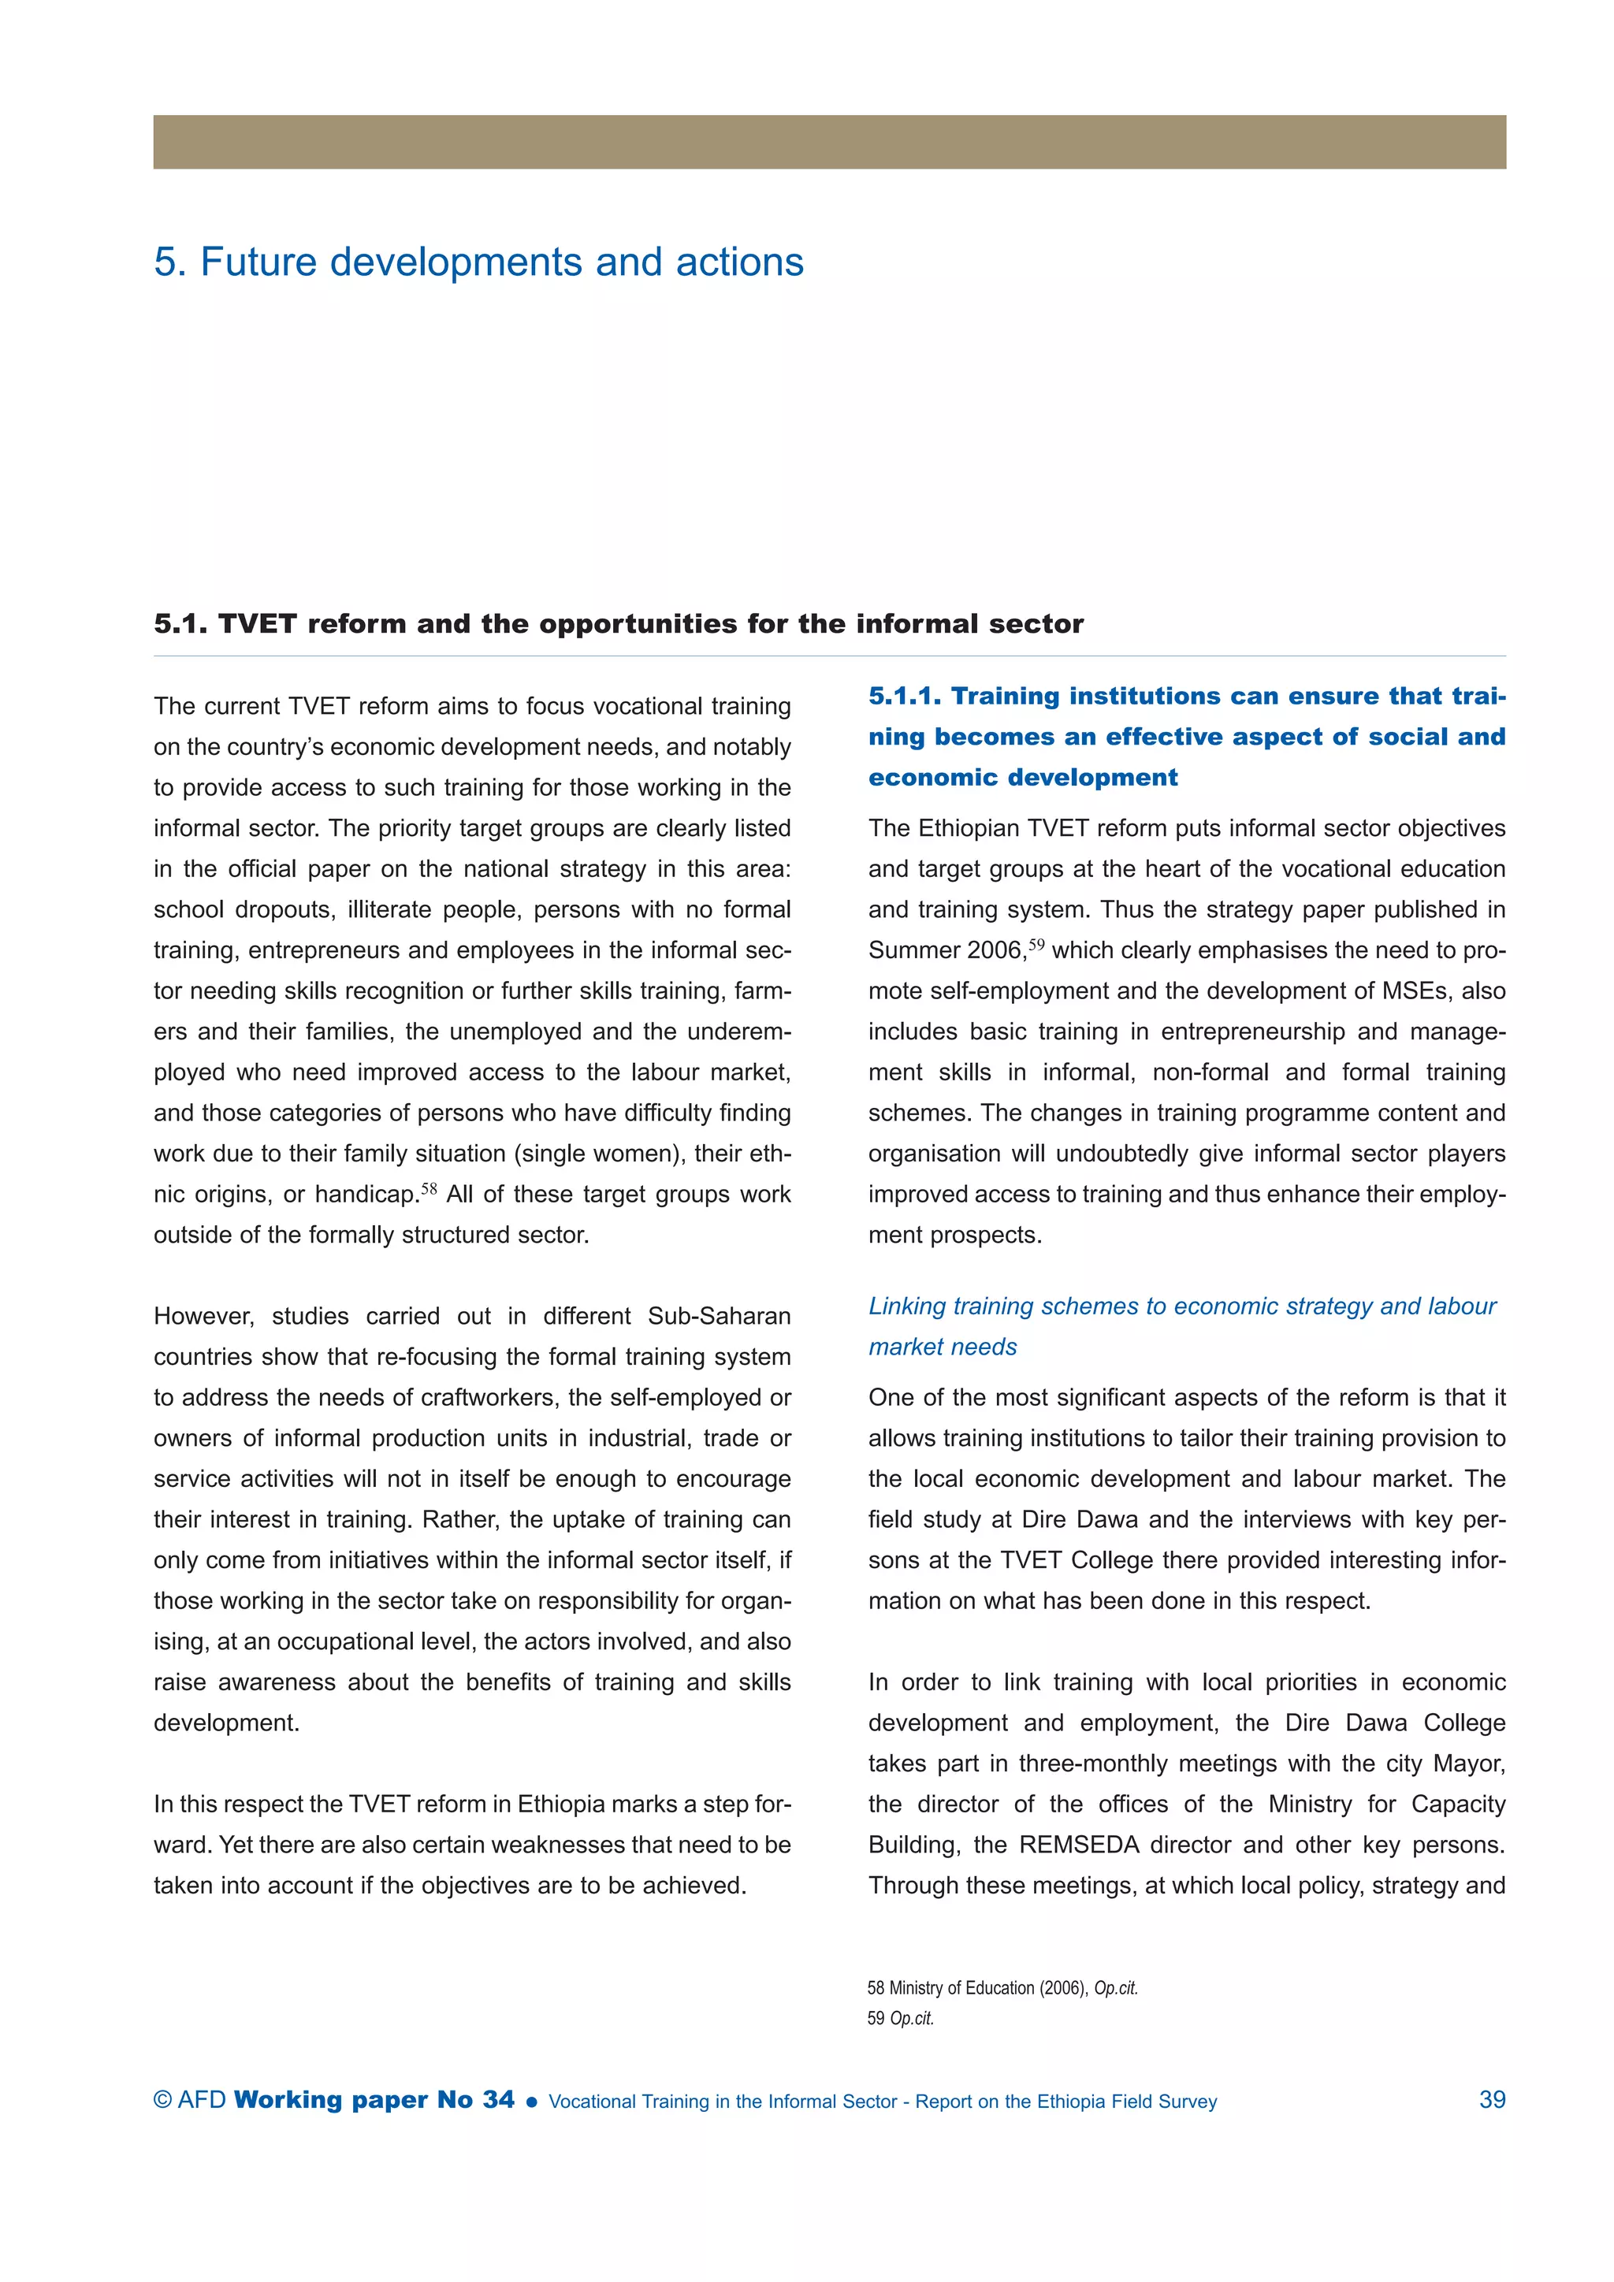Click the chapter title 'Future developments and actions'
click(x=501, y=262)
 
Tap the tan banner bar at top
click(x=829, y=142)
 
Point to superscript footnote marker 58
click(x=429, y=1187)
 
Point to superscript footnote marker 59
click(x=1036, y=944)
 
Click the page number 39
click(x=1491, y=2100)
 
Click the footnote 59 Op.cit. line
click(x=901, y=2017)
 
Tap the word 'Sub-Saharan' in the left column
click(x=719, y=1316)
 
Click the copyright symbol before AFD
click(x=163, y=2100)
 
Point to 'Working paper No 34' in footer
click(x=374, y=2100)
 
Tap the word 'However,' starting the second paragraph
click(x=203, y=1316)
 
